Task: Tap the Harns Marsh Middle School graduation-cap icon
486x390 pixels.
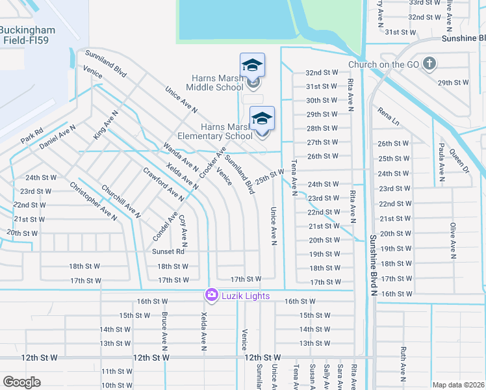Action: point(252,66)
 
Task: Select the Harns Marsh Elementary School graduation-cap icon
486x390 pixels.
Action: point(262,118)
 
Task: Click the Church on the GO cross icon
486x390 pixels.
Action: point(429,64)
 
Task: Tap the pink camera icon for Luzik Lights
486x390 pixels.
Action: point(211,296)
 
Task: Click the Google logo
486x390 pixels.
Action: point(22,382)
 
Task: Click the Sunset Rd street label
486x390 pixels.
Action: point(169,252)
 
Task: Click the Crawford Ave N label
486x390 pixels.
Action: point(163,184)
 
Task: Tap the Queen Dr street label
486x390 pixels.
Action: point(459,161)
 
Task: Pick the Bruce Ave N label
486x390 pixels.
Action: point(164,330)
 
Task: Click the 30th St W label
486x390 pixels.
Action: point(322,100)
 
